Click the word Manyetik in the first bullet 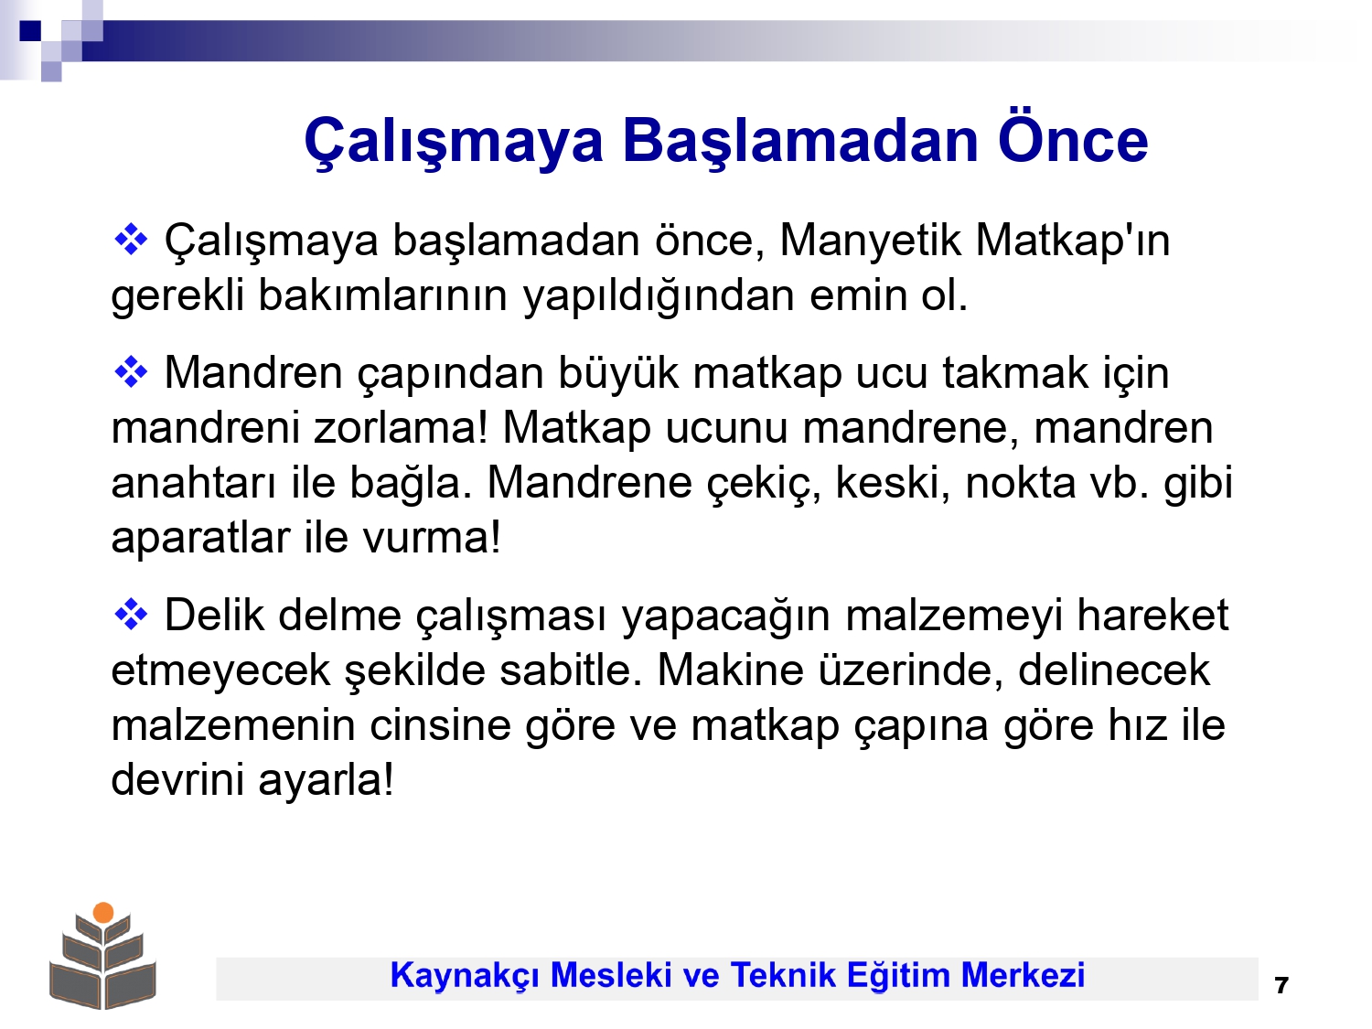point(870,241)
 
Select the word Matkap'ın point(1072,241)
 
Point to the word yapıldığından point(659,295)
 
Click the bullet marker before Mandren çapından point(131,373)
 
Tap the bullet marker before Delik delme point(131,616)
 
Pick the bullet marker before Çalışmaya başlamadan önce point(131,241)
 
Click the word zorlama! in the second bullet point(401,428)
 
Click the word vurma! point(432,538)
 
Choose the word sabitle point(571,670)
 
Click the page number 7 point(1281,986)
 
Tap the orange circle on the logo point(103,913)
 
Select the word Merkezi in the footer point(1023,975)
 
